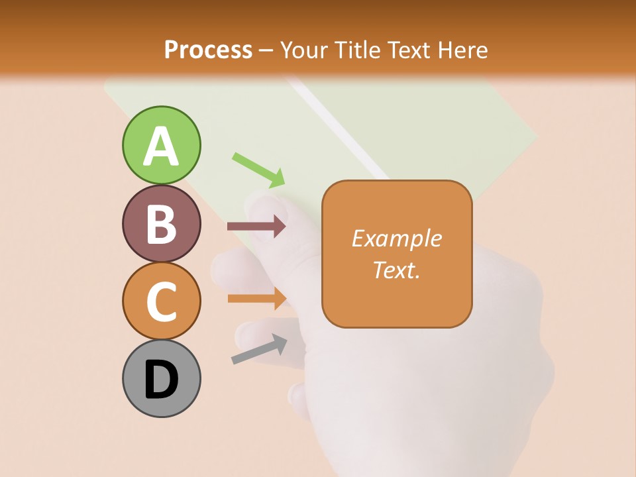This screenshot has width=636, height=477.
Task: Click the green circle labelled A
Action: [x=161, y=145]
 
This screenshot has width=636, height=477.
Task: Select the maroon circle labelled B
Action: [x=161, y=223]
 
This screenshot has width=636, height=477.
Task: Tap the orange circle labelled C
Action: [x=161, y=301]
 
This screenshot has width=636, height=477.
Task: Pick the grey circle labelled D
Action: [x=161, y=378]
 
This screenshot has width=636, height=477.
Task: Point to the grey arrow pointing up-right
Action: [x=259, y=348]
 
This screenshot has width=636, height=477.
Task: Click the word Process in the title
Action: [x=208, y=50]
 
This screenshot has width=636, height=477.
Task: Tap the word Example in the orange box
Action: [x=396, y=238]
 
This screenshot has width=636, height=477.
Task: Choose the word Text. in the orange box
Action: [x=396, y=270]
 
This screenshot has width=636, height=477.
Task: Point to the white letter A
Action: [x=161, y=146]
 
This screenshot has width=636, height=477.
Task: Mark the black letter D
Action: [x=161, y=380]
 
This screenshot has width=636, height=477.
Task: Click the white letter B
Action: [x=161, y=224]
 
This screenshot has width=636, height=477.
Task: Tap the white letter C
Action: [x=161, y=301]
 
